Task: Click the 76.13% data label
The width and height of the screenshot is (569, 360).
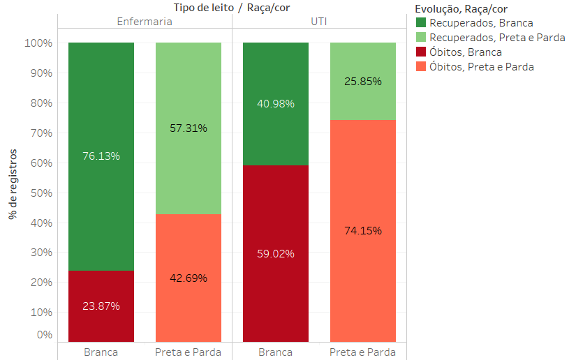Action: [x=101, y=156]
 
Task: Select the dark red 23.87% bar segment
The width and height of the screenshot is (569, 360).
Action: [x=101, y=293]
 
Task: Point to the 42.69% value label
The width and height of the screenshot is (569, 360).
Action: [x=189, y=278]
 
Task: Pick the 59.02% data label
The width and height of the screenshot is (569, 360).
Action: [x=276, y=254]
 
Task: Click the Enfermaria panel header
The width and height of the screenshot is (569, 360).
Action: [x=145, y=22]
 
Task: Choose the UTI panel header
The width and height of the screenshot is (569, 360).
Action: [x=319, y=22]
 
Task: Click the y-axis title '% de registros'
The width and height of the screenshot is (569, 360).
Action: [x=13, y=183]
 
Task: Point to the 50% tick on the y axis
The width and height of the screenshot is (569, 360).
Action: [x=40, y=193]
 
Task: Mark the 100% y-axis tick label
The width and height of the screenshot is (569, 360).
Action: [x=40, y=43]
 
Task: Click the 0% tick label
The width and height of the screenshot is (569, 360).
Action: [x=44, y=335]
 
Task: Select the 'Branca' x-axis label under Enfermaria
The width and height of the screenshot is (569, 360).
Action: [x=101, y=352]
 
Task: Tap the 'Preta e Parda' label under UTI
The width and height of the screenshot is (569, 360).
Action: [x=363, y=352]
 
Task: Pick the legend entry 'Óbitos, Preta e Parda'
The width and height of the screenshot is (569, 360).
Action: [x=482, y=67]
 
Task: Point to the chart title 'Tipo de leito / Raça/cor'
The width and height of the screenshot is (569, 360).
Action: [x=232, y=7]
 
